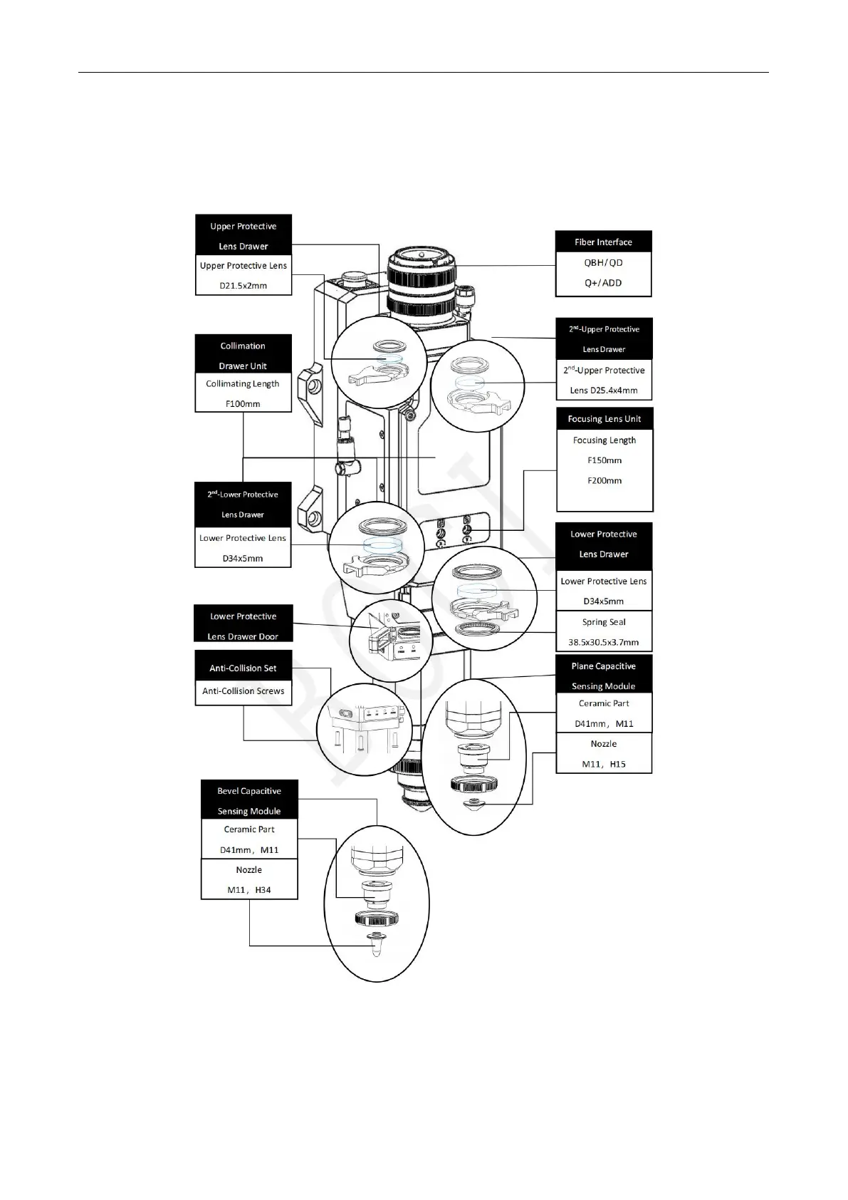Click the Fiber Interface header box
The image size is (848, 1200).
click(x=603, y=242)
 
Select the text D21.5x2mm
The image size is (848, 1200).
click(x=243, y=286)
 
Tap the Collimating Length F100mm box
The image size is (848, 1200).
click(x=243, y=393)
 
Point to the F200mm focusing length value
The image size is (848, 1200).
click(x=604, y=480)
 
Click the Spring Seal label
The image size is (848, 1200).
click(x=603, y=622)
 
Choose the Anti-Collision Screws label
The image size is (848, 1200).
click(x=243, y=691)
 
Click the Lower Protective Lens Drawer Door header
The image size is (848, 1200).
click(x=243, y=626)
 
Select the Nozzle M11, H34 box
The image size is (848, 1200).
click(x=248, y=879)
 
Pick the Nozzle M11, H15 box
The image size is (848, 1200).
click(x=603, y=753)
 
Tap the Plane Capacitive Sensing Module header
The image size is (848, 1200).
click(x=603, y=676)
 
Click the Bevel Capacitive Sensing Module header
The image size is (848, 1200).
click(x=248, y=800)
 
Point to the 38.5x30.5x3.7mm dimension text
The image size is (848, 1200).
click(x=603, y=642)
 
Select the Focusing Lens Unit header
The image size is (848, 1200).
click(x=604, y=419)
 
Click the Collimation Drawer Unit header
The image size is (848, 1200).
click(x=243, y=355)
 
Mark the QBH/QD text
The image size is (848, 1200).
click(x=603, y=263)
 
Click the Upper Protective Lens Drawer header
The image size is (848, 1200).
click(x=243, y=235)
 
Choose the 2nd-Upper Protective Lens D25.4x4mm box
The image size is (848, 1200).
click(x=604, y=380)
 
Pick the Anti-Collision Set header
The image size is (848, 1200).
click(x=243, y=668)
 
